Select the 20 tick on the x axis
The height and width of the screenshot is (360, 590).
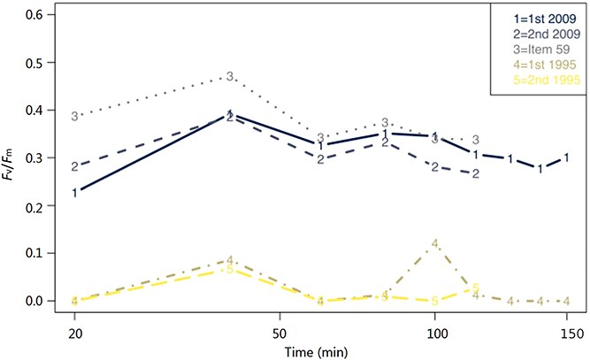(75, 334)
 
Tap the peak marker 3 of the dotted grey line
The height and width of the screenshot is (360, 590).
(230, 77)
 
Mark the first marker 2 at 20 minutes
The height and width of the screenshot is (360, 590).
(75, 166)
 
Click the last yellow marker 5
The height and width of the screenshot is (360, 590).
(476, 287)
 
